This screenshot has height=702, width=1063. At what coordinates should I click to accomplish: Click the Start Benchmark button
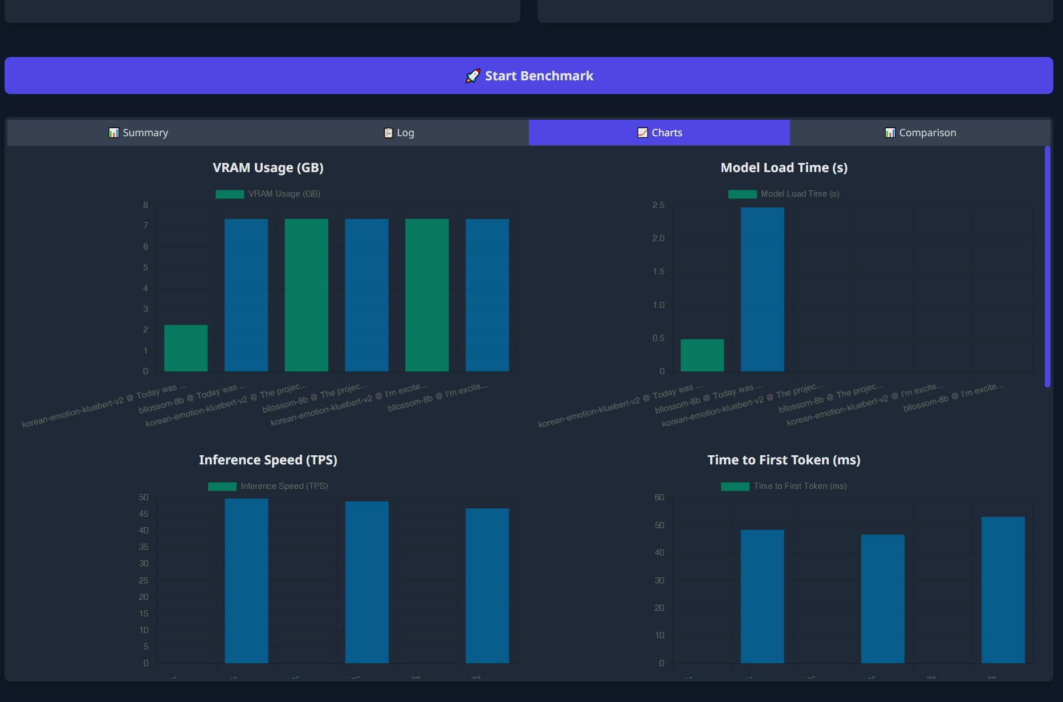point(529,75)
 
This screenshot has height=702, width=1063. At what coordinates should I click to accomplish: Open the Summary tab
point(138,133)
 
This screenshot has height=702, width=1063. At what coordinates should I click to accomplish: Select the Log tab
point(399,133)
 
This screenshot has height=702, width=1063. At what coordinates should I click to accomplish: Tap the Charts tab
point(659,133)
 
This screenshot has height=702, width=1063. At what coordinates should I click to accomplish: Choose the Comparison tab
point(920,133)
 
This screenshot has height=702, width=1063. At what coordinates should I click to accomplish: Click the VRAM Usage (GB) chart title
point(268,168)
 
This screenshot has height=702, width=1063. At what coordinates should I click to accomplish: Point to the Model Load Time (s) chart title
point(784,168)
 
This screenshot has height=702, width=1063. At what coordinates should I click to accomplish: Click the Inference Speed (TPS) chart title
point(268,460)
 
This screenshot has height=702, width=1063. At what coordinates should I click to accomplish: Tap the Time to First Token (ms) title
point(784,460)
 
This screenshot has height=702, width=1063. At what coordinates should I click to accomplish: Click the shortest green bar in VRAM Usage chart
point(186,348)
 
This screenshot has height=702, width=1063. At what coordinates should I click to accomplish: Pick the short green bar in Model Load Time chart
point(702,356)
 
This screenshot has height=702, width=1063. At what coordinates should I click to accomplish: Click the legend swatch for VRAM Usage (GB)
point(230,194)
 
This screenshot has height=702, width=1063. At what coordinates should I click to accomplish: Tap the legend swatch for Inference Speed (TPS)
point(222,487)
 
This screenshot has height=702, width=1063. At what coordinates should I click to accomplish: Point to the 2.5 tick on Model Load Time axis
point(658,205)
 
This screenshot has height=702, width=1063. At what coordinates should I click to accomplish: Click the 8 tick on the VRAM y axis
point(145,205)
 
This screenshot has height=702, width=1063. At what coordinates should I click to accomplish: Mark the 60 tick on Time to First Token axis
point(659,497)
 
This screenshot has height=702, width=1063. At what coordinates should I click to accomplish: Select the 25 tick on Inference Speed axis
point(144,581)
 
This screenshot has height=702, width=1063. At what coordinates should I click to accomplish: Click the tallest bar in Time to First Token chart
point(1003,590)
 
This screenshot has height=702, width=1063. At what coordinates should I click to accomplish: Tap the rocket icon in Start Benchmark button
point(473,76)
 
